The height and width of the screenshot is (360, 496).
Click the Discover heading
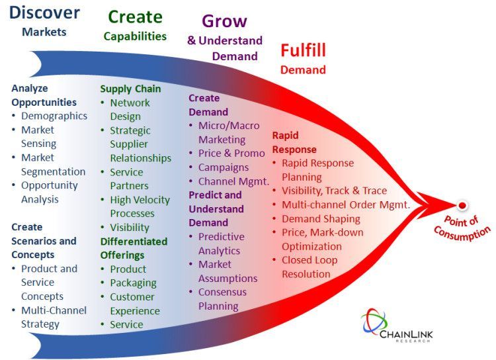point(44,13)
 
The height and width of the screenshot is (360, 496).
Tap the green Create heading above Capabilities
point(135,17)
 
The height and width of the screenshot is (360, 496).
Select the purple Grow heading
point(224,22)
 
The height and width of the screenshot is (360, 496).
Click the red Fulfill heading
point(303,51)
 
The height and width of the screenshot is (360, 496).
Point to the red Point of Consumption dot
point(462,206)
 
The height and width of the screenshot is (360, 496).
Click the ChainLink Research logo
point(397,326)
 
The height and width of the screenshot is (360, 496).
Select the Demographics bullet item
point(54,116)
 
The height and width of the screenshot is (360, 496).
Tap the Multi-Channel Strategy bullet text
point(54,317)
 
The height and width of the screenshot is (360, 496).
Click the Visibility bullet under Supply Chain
point(130,228)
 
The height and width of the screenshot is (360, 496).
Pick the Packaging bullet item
point(133,283)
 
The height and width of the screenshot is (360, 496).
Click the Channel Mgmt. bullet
point(233,181)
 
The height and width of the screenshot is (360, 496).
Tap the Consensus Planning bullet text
point(222,299)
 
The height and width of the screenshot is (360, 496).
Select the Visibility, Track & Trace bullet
point(335,191)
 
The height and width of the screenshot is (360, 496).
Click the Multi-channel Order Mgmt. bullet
point(346,205)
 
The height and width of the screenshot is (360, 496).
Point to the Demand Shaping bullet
point(321,219)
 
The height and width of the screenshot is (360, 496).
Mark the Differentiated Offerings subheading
point(134,248)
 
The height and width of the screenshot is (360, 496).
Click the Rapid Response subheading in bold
point(294,142)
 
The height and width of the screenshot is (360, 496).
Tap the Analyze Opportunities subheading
point(44,95)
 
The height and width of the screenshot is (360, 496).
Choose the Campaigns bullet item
point(224,167)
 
